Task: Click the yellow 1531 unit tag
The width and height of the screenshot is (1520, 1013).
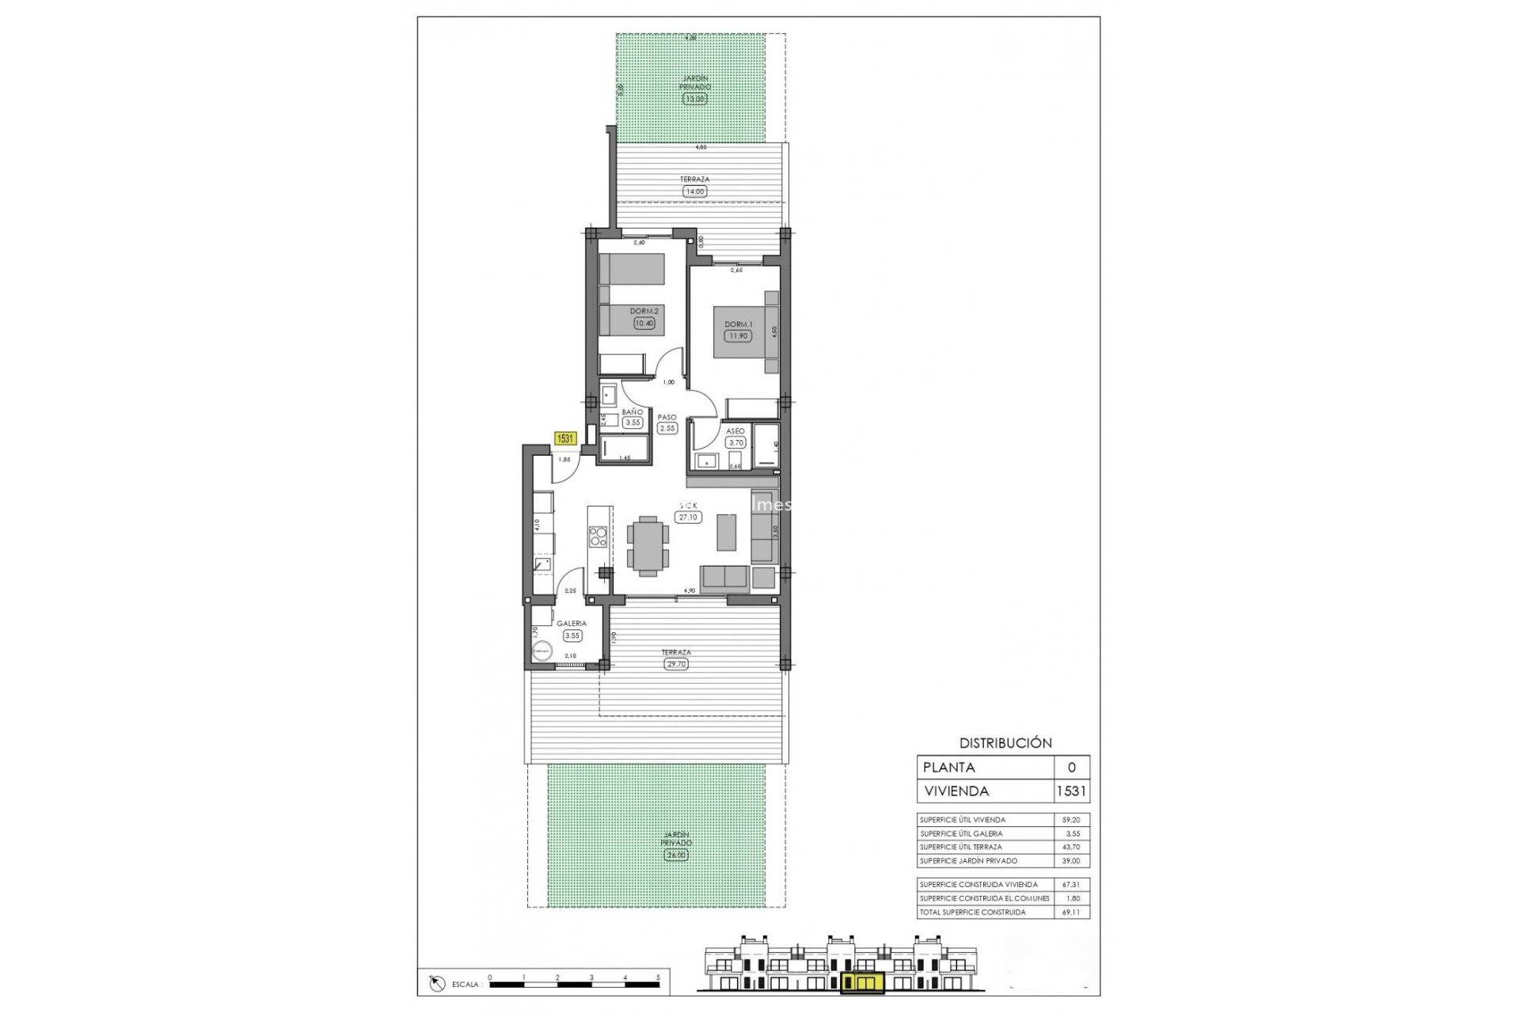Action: coord(565,438)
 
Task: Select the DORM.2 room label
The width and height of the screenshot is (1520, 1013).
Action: coord(644,311)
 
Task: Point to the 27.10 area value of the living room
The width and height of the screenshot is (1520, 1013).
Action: coord(688,518)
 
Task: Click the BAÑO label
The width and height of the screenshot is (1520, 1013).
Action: coord(632,412)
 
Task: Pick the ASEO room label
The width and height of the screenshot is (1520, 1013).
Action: coord(735,431)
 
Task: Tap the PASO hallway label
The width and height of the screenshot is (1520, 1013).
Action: coord(667,417)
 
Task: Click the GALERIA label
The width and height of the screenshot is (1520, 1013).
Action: coord(571,624)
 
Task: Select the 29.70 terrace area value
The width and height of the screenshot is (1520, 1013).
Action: coord(676,664)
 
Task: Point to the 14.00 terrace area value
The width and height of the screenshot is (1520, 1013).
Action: coord(693,191)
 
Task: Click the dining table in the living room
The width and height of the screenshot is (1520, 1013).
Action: coord(647,544)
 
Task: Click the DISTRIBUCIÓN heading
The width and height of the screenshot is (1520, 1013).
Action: coord(1005,743)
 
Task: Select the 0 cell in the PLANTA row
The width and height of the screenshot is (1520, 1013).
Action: coord(1072,768)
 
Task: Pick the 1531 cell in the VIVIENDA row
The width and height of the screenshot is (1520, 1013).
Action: coord(1071,791)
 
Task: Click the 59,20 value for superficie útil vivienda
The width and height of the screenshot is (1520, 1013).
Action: coord(1070,820)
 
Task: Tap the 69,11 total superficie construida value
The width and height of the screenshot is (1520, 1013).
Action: coord(1070,912)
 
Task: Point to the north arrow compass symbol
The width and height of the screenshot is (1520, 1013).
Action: coord(435,984)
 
